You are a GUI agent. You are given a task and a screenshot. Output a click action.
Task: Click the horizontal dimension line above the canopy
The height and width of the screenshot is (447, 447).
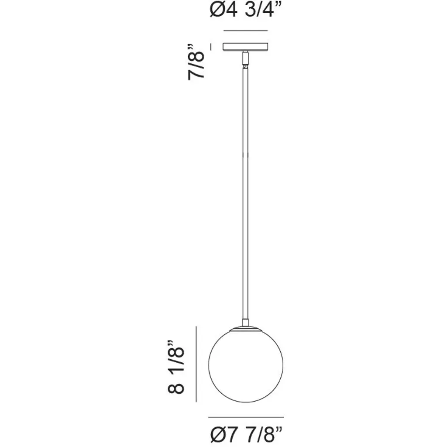click(245, 31)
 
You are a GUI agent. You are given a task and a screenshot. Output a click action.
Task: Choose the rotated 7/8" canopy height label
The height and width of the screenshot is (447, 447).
click(196, 62)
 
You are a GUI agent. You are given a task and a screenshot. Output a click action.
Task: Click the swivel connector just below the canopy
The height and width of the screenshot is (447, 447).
click(245, 59)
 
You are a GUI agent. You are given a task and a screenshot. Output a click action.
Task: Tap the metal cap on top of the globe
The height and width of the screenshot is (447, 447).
click(245, 329)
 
